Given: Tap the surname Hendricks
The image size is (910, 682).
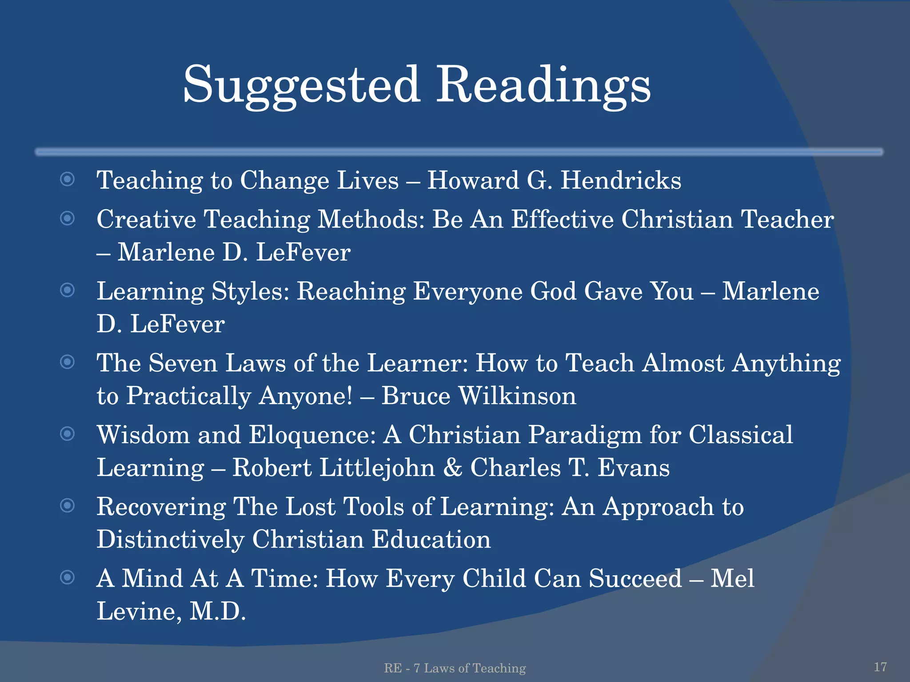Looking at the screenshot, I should pyautogui.click(x=621, y=180).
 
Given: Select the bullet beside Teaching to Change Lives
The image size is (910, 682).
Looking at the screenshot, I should pyautogui.click(x=67, y=179).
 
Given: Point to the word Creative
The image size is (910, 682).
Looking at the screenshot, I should pyautogui.click(x=146, y=219).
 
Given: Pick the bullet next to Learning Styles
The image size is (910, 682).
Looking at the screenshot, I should pyautogui.click(x=67, y=290).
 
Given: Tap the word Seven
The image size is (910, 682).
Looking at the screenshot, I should pyautogui.click(x=183, y=363).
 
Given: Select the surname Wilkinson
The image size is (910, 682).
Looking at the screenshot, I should pyautogui.click(x=517, y=396).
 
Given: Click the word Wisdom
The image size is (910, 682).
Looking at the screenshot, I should pyautogui.click(x=143, y=435).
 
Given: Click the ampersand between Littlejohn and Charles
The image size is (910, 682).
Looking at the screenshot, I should pyautogui.click(x=452, y=468).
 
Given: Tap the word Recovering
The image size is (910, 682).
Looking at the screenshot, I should pyautogui.click(x=161, y=507).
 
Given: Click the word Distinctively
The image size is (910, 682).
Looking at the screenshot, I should pyautogui.click(x=171, y=540).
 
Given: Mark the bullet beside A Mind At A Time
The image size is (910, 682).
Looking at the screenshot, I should pyautogui.click(x=67, y=577).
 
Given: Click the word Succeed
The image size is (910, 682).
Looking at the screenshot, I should pyautogui.click(x=635, y=579).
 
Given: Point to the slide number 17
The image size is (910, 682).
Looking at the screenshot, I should pyautogui.click(x=880, y=667).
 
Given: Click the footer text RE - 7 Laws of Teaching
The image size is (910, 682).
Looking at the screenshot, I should pyautogui.click(x=455, y=668).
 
